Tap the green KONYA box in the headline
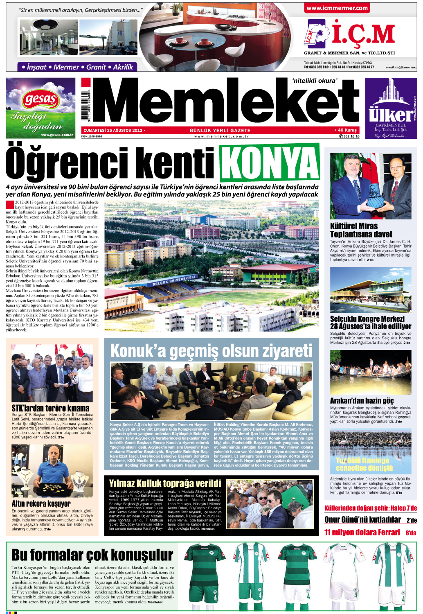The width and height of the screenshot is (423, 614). pyautogui.click(x=270, y=163)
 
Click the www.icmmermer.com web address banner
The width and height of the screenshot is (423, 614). pyautogui.click(x=337, y=8)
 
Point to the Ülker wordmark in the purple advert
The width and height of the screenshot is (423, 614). pyautogui.click(x=390, y=115)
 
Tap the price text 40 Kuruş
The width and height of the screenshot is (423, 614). pyautogui.click(x=346, y=130)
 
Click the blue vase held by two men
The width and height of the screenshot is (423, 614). pyautogui.click(x=375, y=196)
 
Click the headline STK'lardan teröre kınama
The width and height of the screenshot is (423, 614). pyautogui.click(x=50, y=408)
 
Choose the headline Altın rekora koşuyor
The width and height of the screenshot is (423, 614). pyautogui.click(x=41, y=503)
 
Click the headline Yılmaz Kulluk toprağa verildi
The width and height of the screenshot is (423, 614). pyautogui.click(x=165, y=483)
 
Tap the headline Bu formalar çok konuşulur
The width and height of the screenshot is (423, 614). pyautogui.click(x=92, y=555)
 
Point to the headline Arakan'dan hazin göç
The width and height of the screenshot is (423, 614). pyautogui.click(x=362, y=401)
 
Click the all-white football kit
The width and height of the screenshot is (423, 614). pyautogui.click(x=346, y=575)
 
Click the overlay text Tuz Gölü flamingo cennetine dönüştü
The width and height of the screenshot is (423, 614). pyautogui.click(x=364, y=464)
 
